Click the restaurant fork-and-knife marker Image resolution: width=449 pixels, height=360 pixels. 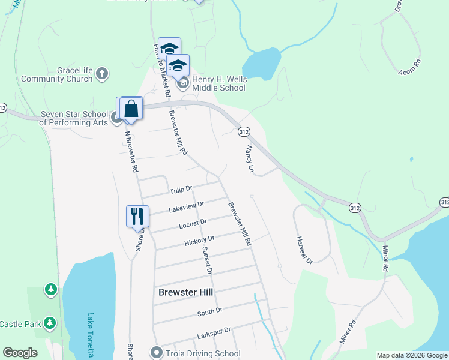pyautogui.click(x=137, y=216)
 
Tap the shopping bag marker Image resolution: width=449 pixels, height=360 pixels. pyautogui.click(x=131, y=109)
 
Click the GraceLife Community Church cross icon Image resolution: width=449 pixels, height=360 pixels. pyautogui.click(x=102, y=73)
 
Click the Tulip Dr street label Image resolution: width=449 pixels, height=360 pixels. pyautogui.click(x=181, y=190)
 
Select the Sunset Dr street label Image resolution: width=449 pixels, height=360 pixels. pyautogui.click(x=208, y=260)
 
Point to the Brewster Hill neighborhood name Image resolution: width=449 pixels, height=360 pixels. pyautogui.click(x=187, y=292)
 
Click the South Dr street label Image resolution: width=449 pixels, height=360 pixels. pyautogui.click(x=210, y=311)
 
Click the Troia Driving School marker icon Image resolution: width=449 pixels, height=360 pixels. pyautogui.click(x=157, y=352)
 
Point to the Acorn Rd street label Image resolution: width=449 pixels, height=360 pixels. pyautogui.click(x=409, y=66)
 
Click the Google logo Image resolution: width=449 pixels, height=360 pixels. pyautogui.click(x=20, y=353)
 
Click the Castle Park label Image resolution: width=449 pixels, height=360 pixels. pyautogui.click(x=20, y=324)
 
